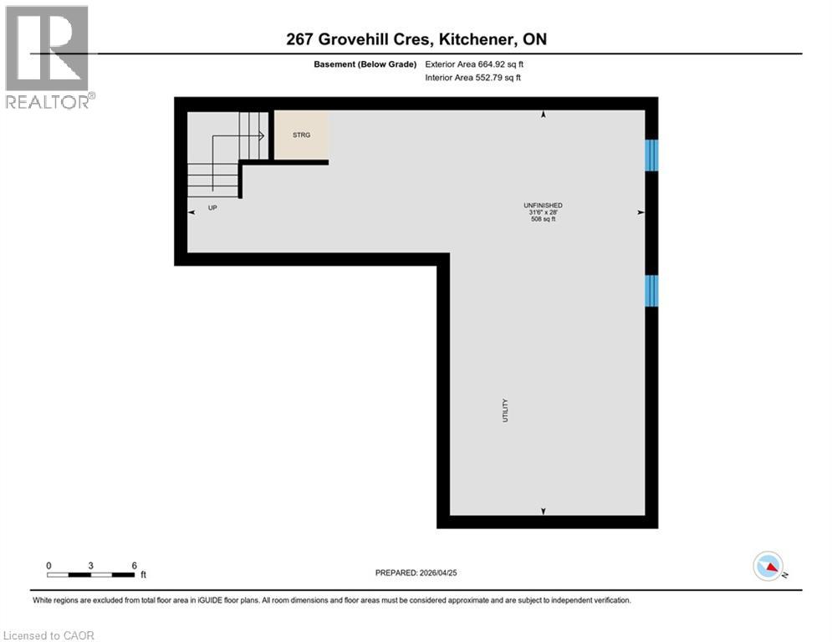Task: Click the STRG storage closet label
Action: pos(301,135)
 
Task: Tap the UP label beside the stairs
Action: pos(212,207)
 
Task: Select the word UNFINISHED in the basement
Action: pos(543,205)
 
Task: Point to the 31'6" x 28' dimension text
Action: pos(543,212)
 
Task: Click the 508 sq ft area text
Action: pos(543,220)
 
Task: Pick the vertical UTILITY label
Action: pos(505,410)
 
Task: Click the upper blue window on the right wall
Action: pos(651,155)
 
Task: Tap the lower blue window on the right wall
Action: pos(651,290)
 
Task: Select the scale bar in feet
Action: pos(91,574)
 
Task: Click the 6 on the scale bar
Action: pos(134,565)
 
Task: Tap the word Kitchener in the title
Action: pos(477,39)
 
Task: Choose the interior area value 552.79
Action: pos(489,78)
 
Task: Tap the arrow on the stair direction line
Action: pos(262,135)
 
